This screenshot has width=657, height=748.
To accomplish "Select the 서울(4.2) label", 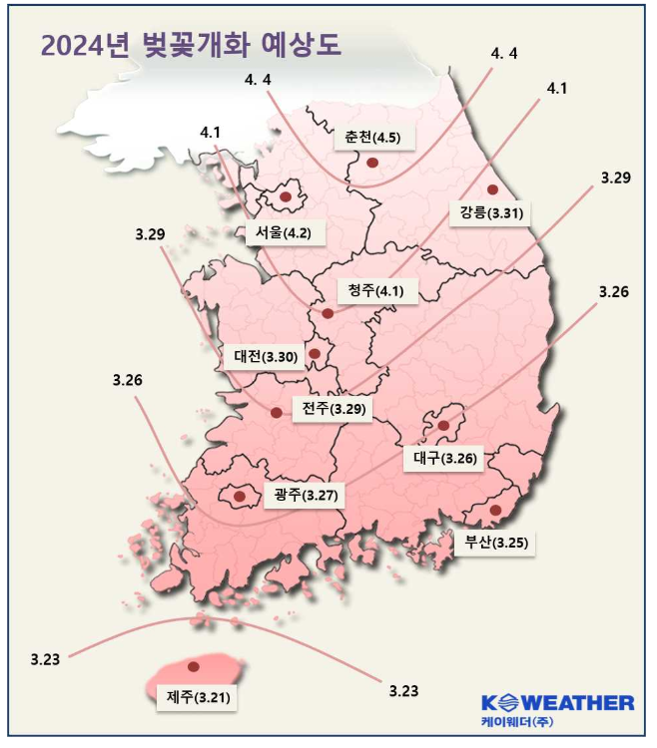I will [x=284, y=234].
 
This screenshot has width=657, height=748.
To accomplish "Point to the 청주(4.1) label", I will [x=375, y=290].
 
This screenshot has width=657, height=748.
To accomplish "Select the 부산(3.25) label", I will [x=490, y=544].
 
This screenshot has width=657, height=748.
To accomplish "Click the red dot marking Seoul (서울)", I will [x=286, y=197].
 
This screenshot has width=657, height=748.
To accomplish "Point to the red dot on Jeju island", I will [x=194, y=665].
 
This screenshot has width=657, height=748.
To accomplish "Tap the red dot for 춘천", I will [x=371, y=162].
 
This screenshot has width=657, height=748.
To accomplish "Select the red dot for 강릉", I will [x=492, y=189].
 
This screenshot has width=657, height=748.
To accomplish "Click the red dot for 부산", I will [x=494, y=512].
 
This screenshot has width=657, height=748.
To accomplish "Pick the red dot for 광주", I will [x=240, y=495].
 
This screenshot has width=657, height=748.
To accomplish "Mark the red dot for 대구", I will [x=443, y=426].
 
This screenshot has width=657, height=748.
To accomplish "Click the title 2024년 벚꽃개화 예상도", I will [x=190, y=46].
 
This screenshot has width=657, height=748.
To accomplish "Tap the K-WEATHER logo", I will [x=557, y=702].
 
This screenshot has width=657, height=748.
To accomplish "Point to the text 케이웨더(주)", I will [x=516, y=721].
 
